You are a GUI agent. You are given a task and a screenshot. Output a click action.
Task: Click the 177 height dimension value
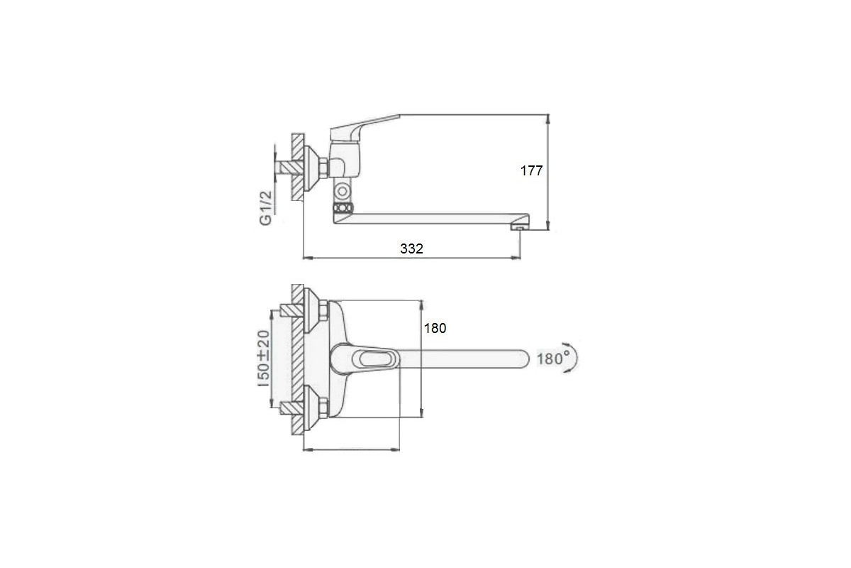[x=531, y=171]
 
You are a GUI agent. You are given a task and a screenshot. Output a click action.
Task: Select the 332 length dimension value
[x=411, y=248]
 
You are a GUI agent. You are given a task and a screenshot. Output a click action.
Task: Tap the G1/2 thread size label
[x=266, y=208]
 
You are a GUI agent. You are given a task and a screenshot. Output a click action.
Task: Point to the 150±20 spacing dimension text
[x=264, y=359]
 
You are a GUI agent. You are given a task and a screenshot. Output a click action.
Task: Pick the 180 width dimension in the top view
[x=435, y=328]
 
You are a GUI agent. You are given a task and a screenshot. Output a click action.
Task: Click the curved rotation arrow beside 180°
[x=574, y=357]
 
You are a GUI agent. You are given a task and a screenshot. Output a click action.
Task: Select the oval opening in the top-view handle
[x=375, y=359]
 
